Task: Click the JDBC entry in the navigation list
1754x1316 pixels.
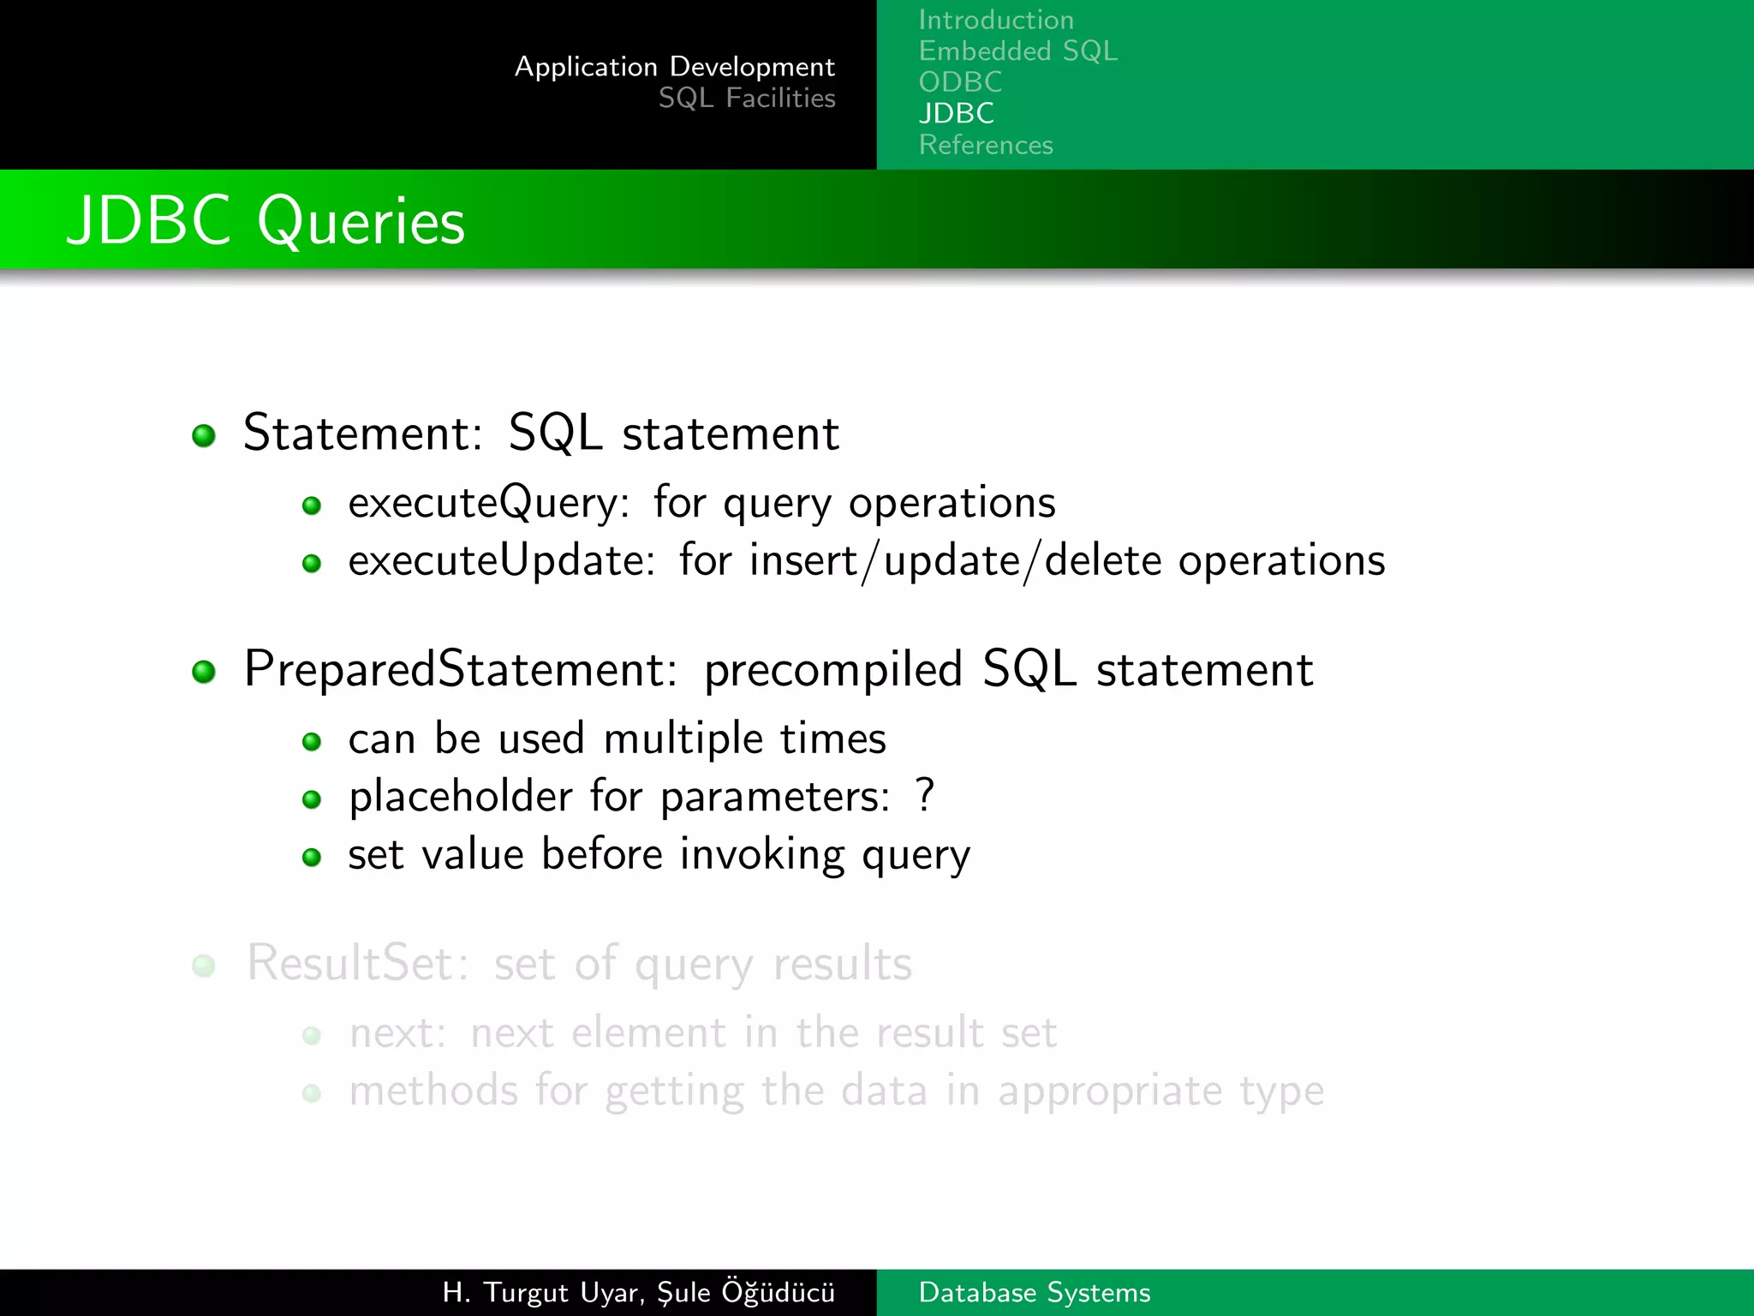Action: [956, 113]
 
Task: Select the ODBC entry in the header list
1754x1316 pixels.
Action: [960, 82]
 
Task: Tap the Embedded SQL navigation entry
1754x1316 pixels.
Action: [1017, 51]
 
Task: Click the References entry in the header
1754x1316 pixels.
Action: [986, 145]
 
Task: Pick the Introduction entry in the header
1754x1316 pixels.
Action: [996, 20]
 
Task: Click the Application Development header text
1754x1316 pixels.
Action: [675, 67]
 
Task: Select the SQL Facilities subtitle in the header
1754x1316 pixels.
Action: [747, 99]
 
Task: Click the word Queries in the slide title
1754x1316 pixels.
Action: [361, 222]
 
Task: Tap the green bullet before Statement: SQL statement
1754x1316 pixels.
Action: [204, 435]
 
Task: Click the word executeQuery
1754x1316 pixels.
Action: [486, 503]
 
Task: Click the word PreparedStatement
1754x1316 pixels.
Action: [459, 669]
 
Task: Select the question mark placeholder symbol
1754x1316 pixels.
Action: [924, 795]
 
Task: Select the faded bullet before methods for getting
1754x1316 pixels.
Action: [312, 1093]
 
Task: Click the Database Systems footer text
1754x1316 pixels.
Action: [1034, 1293]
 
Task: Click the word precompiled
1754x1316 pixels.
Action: [832, 670]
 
